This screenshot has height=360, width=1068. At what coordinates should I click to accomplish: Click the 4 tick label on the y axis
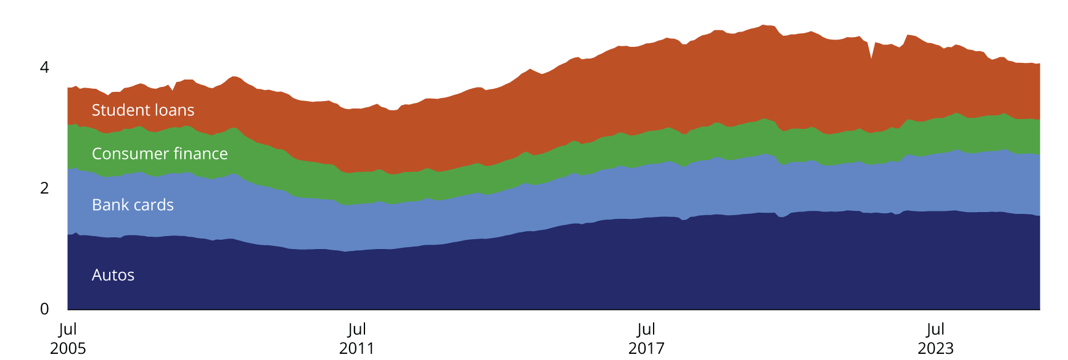(44, 67)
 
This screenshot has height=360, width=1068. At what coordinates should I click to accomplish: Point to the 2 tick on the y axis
(44, 188)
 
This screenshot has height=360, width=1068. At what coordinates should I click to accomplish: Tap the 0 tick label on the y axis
(44, 309)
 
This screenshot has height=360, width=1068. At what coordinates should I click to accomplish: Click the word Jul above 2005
(68, 329)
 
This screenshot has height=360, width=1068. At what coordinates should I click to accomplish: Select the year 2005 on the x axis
(68, 348)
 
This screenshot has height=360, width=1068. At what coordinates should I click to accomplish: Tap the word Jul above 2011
(357, 329)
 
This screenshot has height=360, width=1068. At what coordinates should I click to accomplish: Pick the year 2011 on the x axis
(357, 348)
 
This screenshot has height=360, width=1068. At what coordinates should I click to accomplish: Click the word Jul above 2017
(646, 329)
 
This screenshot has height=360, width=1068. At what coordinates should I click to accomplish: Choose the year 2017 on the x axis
(646, 348)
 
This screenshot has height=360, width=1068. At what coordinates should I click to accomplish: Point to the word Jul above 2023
(935, 329)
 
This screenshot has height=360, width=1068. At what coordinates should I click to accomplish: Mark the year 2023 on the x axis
(935, 348)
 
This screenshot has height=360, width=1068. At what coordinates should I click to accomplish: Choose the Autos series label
(113, 275)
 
